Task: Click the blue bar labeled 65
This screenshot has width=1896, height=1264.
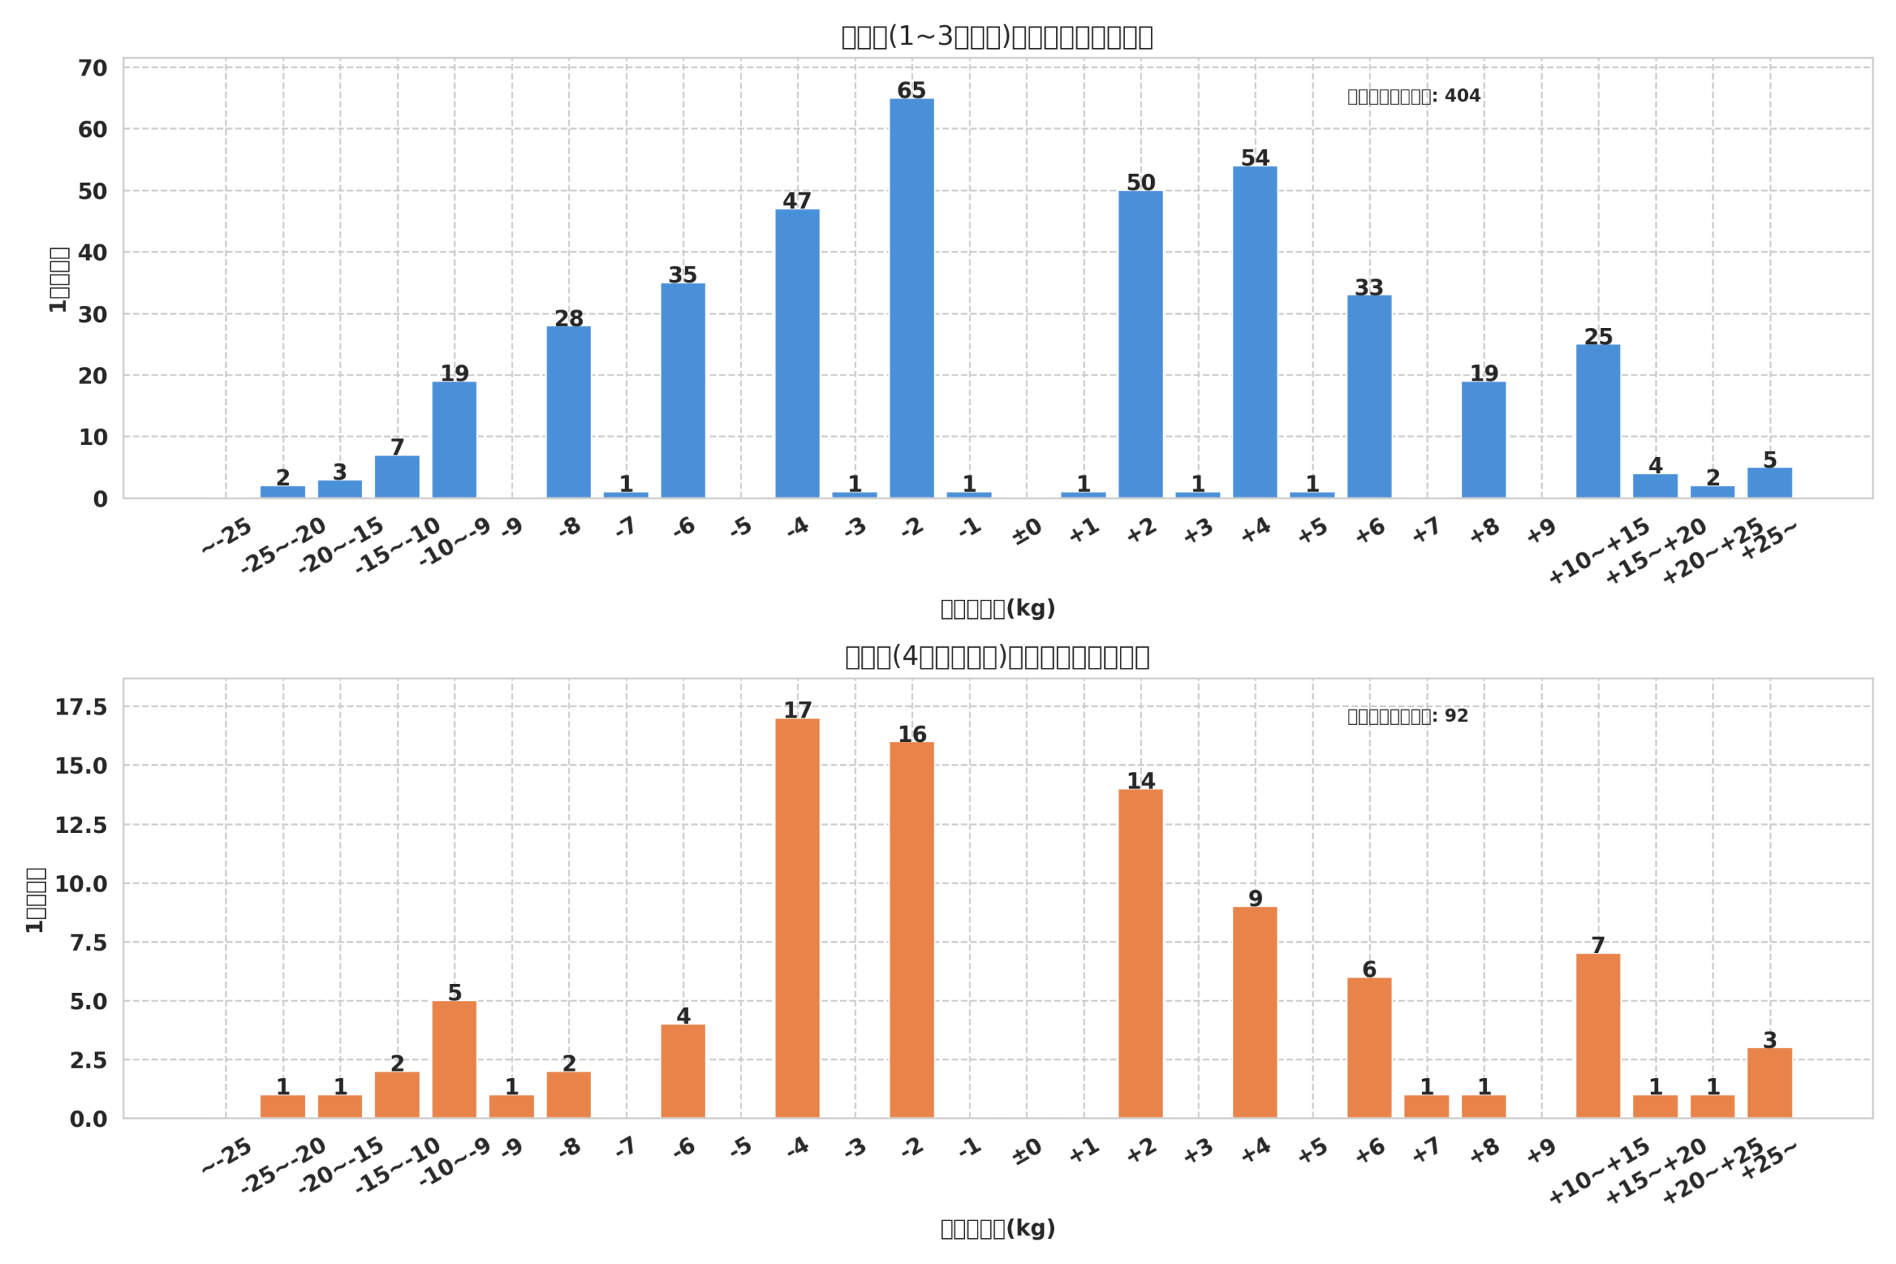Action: tap(912, 298)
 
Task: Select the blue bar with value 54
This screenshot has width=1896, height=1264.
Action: tap(1255, 332)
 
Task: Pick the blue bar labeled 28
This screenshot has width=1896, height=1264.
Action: tap(568, 412)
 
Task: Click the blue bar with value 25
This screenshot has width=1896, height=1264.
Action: tap(1598, 421)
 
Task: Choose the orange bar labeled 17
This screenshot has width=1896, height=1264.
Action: tap(797, 918)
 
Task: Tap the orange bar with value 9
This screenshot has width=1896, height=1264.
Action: tap(1255, 1012)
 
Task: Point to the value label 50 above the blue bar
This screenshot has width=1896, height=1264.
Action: tap(1141, 183)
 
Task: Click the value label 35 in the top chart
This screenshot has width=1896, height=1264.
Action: tap(683, 275)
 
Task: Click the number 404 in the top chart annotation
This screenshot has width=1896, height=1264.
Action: tap(1462, 96)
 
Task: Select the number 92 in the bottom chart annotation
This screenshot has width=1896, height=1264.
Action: tap(1456, 716)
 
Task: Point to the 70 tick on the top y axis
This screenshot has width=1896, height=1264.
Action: tap(93, 69)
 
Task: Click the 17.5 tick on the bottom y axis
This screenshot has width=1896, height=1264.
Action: tap(81, 707)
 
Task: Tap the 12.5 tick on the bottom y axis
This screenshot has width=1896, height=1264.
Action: tap(81, 826)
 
